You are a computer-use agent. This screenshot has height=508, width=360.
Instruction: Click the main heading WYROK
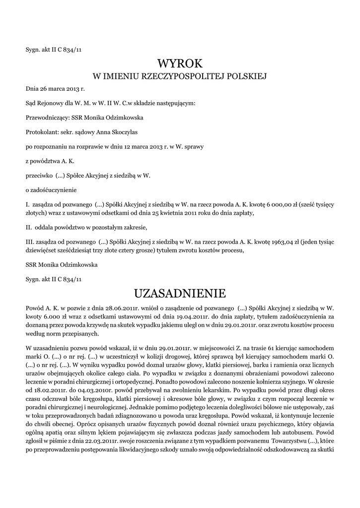pos(180,63)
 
